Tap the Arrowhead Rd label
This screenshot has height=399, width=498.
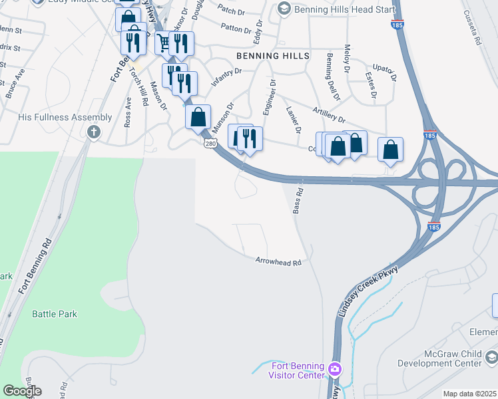tap(278, 262)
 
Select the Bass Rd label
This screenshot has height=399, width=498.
tap(298, 200)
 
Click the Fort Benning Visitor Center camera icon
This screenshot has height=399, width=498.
tap(334, 368)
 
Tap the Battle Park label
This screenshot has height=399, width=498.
tap(55, 314)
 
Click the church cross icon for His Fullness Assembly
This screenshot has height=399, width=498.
tap(93, 132)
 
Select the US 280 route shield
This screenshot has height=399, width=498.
tap(210, 143)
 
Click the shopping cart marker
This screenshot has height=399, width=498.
tap(164, 43)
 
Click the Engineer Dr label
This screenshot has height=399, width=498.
tap(270, 96)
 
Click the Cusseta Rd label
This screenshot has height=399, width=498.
tap(477, 30)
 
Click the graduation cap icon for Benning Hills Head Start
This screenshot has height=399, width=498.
tap(284, 8)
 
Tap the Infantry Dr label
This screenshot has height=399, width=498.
tap(225, 77)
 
